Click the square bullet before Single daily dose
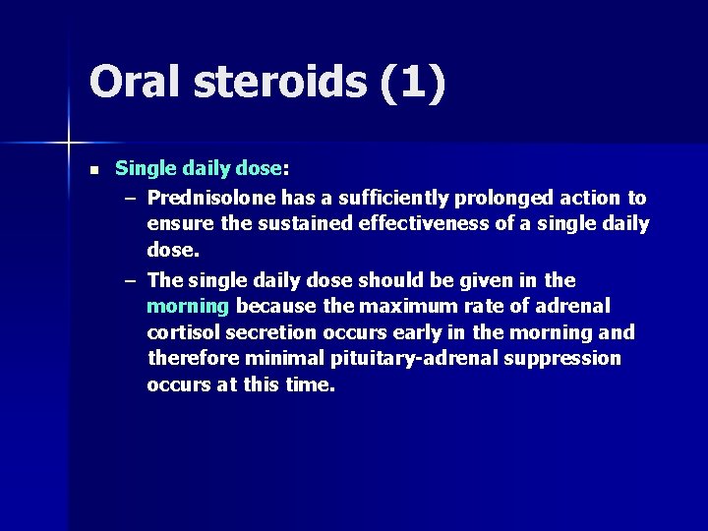93,170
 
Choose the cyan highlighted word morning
187,306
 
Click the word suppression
562,359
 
